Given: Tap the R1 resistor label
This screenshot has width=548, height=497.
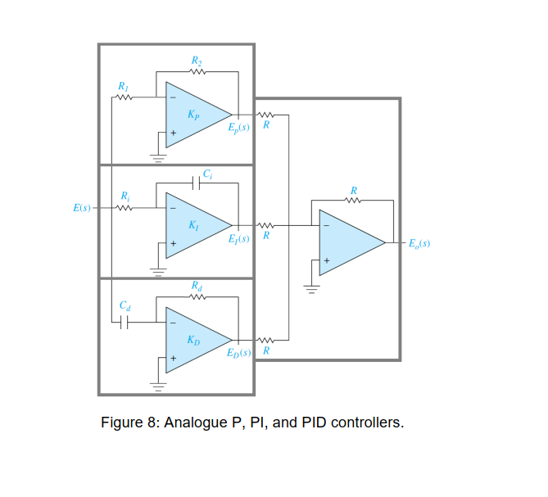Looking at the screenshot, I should click(x=123, y=85).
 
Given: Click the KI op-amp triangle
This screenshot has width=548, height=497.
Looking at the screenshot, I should click(x=194, y=224).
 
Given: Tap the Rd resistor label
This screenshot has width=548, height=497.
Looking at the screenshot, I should click(x=196, y=286).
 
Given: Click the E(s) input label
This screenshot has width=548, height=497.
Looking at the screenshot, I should click(x=81, y=208).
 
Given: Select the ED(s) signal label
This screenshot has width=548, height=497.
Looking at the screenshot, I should click(x=238, y=352).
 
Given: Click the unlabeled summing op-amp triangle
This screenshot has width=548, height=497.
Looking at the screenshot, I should click(x=347, y=242).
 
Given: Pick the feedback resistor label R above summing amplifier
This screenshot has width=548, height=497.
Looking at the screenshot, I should click(x=353, y=190).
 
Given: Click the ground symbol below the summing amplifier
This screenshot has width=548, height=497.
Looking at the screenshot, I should click(x=310, y=288).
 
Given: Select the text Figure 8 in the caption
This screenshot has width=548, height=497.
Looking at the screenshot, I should click(x=129, y=423).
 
